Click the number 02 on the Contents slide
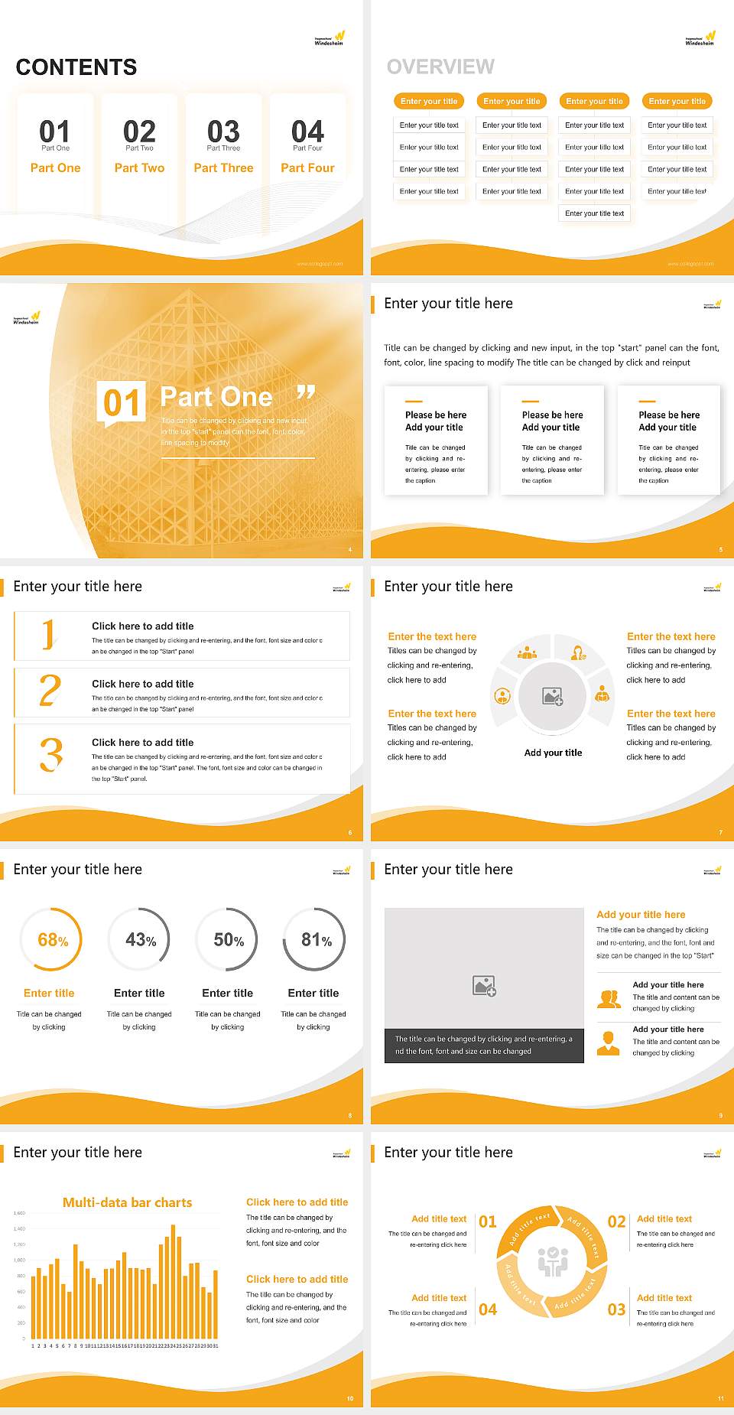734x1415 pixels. coord(139,132)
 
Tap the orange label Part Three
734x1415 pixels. coord(223,168)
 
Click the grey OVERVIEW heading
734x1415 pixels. coord(440,67)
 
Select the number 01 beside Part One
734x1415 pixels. coord(122,402)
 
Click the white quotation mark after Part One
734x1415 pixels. coord(306,393)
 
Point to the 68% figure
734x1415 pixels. coord(53,940)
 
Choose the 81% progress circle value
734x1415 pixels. coord(316,940)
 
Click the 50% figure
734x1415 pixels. coord(229,940)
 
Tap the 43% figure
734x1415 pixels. coord(141,940)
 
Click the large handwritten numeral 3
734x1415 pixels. coord(51,756)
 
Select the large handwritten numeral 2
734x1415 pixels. coord(50,690)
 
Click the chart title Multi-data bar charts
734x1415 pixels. coord(128,1202)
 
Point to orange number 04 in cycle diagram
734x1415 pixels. coord(488,1309)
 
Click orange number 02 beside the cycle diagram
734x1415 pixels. coord(616,1221)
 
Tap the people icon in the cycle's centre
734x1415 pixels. coord(553,1261)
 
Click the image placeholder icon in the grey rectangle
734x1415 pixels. coord(484,986)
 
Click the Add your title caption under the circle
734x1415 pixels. coord(553,753)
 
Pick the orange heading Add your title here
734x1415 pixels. coord(641,915)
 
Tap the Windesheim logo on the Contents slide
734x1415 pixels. coord(330,38)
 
